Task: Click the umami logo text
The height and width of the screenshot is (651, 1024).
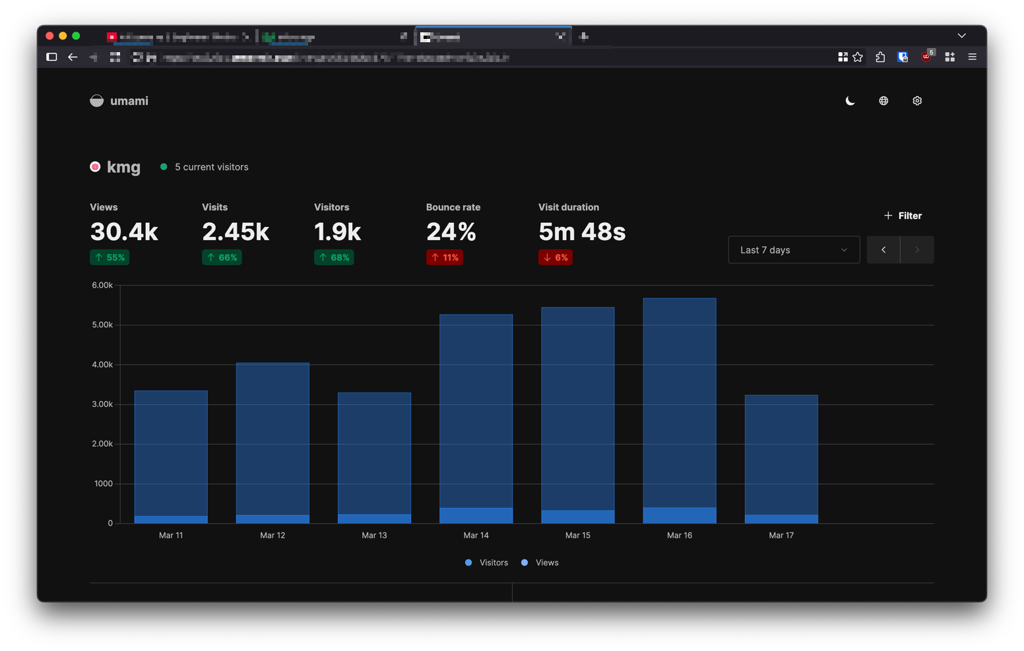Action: coord(129,101)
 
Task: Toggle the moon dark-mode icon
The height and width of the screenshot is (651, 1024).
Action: coord(850,101)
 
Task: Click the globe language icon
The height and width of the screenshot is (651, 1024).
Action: coord(883,101)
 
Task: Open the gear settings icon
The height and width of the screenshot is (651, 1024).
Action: coord(917,101)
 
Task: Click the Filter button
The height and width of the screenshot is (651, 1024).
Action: coord(903,216)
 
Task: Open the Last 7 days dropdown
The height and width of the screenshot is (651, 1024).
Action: coord(794,250)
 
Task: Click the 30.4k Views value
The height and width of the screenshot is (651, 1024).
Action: coord(124,232)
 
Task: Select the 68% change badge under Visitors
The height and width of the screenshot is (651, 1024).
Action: coord(334,257)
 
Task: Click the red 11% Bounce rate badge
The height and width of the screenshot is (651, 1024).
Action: coord(444,257)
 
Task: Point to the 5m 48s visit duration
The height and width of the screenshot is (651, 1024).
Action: coord(581,232)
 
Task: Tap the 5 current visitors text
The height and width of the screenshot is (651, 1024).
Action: coord(211,167)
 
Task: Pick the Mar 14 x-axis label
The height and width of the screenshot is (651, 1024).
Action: coord(476,535)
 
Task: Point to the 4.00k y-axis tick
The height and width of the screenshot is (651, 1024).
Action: coord(102,365)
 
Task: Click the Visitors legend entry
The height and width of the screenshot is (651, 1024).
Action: coord(487,563)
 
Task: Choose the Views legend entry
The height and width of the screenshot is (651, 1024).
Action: coord(540,563)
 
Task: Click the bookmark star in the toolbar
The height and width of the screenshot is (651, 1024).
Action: coord(858,57)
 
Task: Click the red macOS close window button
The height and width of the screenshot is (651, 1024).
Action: coord(49,36)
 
